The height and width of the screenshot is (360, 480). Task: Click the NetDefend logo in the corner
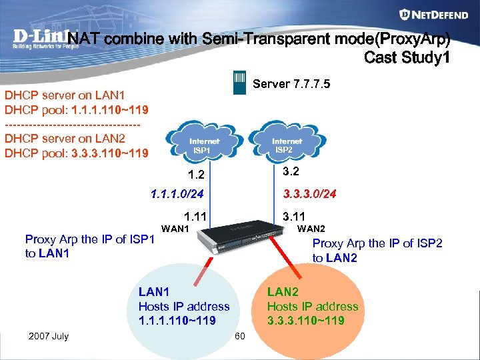click(432, 15)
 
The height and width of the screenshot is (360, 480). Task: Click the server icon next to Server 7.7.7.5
click(239, 83)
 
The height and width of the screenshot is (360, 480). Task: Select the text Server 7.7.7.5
click(291, 84)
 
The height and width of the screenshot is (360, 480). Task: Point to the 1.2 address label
click(196, 176)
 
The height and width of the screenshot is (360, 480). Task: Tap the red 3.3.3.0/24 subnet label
click(309, 194)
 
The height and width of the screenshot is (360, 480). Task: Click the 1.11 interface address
click(196, 216)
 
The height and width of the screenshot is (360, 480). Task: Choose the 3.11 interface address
click(293, 216)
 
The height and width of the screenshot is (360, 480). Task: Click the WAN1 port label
click(176, 229)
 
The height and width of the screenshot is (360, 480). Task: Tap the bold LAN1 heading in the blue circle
click(153, 291)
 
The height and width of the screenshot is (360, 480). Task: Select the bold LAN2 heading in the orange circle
click(283, 291)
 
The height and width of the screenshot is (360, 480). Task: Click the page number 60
click(240, 335)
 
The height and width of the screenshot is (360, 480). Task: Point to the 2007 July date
click(49, 335)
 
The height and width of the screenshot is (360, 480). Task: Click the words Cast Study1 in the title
click(407, 58)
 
